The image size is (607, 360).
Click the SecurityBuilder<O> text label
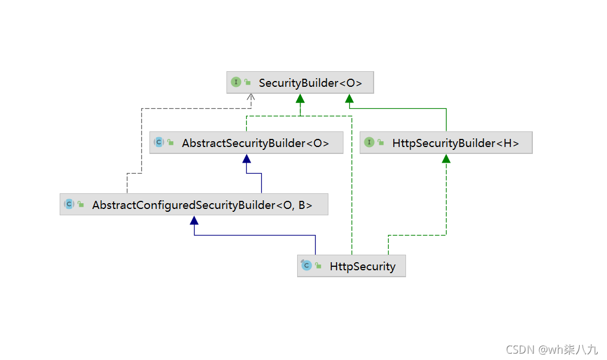pos(310,83)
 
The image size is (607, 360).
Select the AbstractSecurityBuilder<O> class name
pos(255,143)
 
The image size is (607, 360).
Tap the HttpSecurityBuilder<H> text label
pos(455,143)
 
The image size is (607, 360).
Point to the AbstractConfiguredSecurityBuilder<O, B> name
pos(202,204)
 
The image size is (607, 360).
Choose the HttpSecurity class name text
pos(363,266)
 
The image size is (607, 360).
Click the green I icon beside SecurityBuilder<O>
pos(236,82)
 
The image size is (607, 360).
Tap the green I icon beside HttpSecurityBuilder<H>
pos(369,142)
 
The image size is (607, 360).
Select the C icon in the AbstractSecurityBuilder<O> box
pos(159,142)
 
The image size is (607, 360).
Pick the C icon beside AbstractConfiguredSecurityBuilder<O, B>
pos(69,204)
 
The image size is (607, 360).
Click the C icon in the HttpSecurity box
pos(306,266)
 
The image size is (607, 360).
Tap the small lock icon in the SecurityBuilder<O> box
pos(247,83)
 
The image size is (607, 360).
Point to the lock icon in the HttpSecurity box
pos(318,266)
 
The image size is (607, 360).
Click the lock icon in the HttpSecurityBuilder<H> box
pos(381,143)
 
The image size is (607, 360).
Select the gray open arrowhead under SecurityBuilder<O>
pos(251,97)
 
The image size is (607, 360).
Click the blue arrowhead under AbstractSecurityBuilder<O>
pos(246,159)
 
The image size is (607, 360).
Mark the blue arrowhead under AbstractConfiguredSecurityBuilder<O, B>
pos(194,220)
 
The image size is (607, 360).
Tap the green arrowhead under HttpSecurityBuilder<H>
pos(446,159)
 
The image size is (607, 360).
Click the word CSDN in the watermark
pos(520,350)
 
